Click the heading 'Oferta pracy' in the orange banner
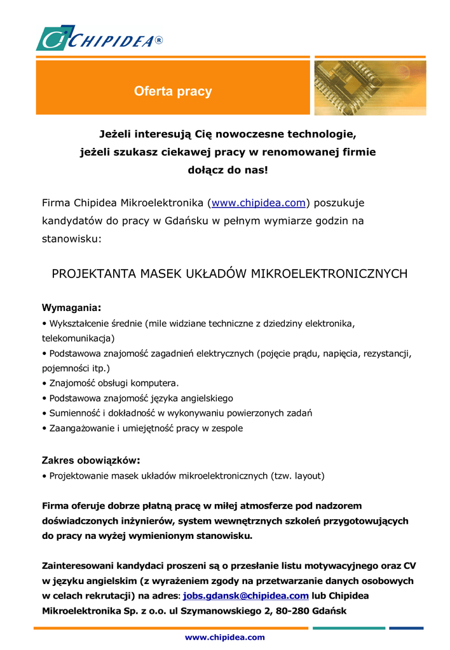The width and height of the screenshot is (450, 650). (173, 91)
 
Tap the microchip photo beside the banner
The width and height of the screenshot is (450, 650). (370, 88)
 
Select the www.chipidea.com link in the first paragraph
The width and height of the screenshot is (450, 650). (259, 203)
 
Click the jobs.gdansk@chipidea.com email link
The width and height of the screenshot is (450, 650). (246, 596)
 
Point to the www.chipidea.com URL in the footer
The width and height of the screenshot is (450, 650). (224, 637)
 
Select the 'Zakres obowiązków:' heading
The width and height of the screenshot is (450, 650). (91, 460)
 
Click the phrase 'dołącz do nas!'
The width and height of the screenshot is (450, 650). (228, 170)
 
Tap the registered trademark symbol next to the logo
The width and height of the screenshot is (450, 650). (159, 41)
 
